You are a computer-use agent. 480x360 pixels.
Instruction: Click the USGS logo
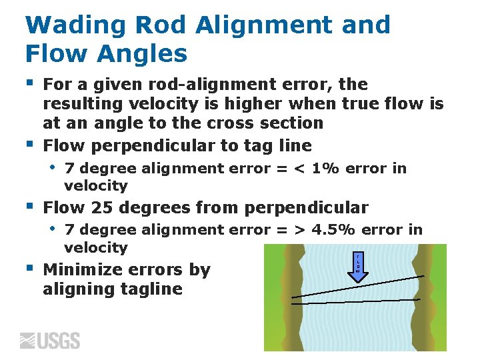tap(50, 341)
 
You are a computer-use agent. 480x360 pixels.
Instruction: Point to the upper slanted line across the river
tap(357, 286)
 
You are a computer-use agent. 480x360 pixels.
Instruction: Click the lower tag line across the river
tap(356, 303)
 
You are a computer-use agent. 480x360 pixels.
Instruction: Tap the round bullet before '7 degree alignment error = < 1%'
tap(53, 167)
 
